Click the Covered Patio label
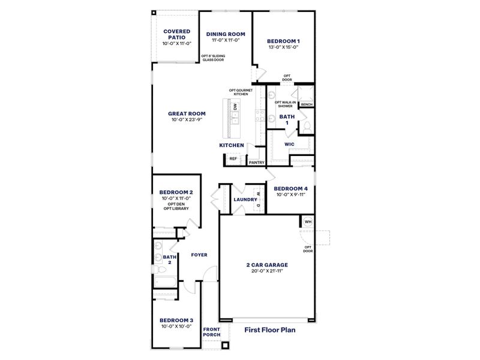click(x=176, y=34)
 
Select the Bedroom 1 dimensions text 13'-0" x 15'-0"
click(x=283, y=47)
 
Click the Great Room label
click(x=187, y=113)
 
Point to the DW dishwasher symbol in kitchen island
click(x=236, y=106)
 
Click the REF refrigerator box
click(x=233, y=159)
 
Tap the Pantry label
click(x=256, y=162)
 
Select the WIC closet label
click(x=289, y=144)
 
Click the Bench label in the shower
click(x=307, y=104)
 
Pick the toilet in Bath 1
click(x=307, y=126)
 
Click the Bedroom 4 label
click(x=291, y=188)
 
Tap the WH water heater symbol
click(x=308, y=221)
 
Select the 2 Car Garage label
click(x=267, y=264)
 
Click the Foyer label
click(x=199, y=255)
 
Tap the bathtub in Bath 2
click(x=164, y=281)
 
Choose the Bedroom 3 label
click(x=176, y=320)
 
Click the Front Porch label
click(x=211, y=332)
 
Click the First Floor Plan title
click(x=270, y=329)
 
